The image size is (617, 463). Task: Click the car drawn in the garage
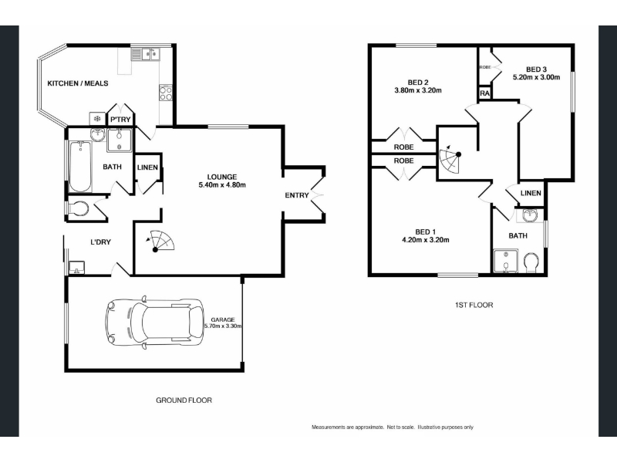point(155,322)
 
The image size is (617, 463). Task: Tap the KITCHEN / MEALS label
point(78,83)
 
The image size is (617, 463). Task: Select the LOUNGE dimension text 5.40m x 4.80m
point(222,185)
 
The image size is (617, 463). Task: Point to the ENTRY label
point(297,195)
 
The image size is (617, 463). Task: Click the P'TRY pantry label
point(120,120)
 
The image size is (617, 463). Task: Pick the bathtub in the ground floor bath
point(80,166)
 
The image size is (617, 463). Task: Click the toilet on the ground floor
point(79,208)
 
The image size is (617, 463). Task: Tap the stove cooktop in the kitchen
point(166,93)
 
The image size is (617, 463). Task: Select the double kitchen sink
point(146,54)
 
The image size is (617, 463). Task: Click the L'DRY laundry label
point(101,242)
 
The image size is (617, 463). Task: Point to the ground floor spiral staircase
point(160,241)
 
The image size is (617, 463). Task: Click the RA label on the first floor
point(485,93)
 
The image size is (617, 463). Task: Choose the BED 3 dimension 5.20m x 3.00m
point(536,77)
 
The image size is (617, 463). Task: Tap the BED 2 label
point(418,83)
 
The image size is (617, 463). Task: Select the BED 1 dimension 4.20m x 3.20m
point(426,240)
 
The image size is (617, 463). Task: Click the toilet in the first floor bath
point(531,262)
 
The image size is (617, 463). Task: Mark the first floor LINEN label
point(531,193)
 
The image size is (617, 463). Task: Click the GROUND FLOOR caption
point(184,400)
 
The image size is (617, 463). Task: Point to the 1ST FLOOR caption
point(474,305)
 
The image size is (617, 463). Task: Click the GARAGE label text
point(223,319)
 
